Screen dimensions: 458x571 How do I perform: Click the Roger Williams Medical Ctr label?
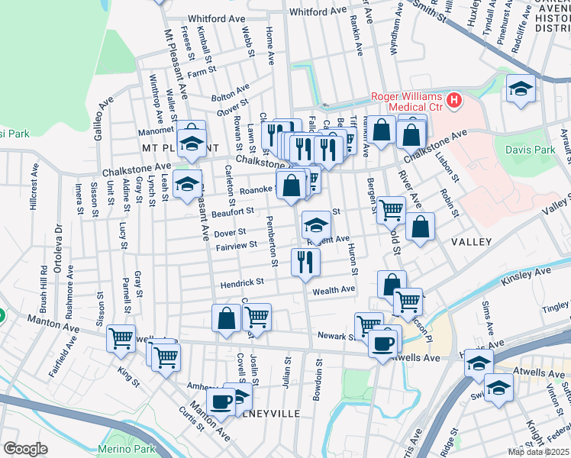pos(407,102)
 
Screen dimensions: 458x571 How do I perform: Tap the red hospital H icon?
pos(454,99)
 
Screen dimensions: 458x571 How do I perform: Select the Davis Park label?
pos(530,150)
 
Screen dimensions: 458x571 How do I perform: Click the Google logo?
pos(24,449)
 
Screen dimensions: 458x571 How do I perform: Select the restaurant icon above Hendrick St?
pos(305,262)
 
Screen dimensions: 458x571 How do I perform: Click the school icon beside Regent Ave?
pos(316,224)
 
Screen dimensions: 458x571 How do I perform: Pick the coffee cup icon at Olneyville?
pos(221,400)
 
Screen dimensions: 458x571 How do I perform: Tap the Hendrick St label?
pos(242,282)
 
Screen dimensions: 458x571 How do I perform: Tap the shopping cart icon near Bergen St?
pos(391,209)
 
